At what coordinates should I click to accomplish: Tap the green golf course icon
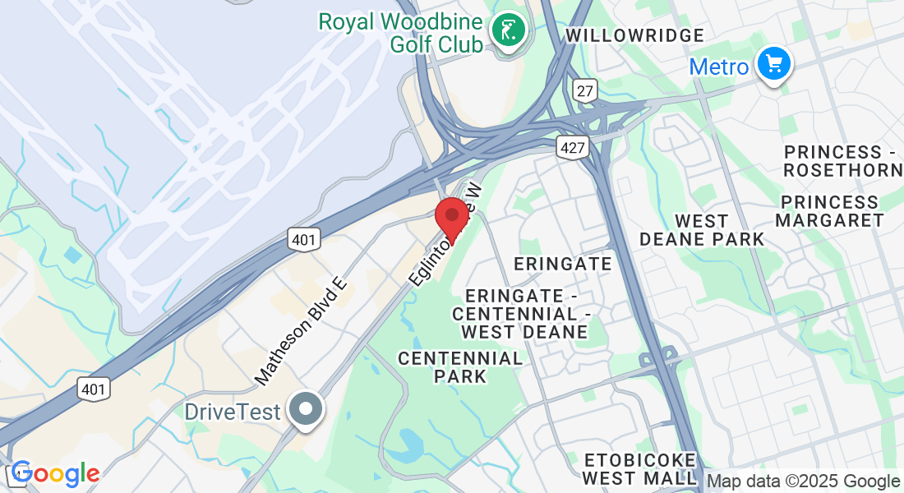(x=509, y=30)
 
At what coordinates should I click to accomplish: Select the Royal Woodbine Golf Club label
(x=401, y=33)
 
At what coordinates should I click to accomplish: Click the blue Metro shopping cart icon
(x=773, y=64)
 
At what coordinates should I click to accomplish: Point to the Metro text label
(x=719, y=67)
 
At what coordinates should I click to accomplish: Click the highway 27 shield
(x=585, y=90)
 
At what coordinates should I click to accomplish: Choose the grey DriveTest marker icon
(x=307, y=409)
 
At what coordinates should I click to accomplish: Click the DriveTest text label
(x=233, y=412)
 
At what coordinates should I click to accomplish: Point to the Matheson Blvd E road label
(x=302, y=331)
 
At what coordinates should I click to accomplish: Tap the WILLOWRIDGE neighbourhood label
(x=635, y=35)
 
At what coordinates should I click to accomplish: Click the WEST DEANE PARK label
(x=701, y=230)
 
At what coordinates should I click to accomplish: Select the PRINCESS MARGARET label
(x=829, y=211)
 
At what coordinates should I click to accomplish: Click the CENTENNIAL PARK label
(x=460, y=367)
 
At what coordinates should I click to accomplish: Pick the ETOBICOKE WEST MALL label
(x=639, y=468)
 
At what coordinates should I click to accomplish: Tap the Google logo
(x=55, y=474)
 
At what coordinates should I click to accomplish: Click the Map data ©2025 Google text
(x=804, y=481)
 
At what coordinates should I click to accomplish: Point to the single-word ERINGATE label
(x=563, y=264)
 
